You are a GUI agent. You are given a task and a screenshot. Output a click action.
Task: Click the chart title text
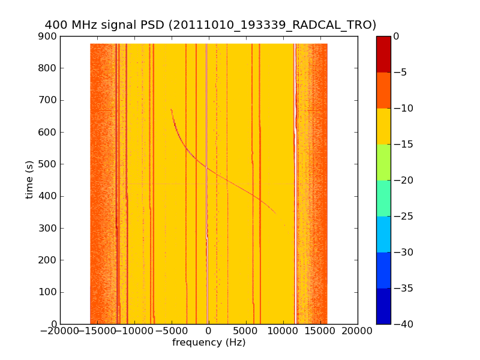coord(210,25)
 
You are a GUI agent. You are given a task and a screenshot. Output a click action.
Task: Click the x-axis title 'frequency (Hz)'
coord(209,343)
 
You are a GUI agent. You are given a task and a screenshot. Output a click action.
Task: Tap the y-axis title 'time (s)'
coord(29,179)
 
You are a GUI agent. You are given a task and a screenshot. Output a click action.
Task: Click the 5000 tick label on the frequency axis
coord(283,332)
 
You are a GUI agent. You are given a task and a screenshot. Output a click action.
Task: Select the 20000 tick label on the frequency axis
coord(358,332)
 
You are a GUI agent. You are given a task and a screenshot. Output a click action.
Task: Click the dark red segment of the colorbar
coord(383,54)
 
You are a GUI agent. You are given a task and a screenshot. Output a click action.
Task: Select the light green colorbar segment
coord(383,162)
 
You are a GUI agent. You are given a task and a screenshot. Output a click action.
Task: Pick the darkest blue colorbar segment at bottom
coord(383,306)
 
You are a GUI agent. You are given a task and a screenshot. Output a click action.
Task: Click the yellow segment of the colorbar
coord(383,126)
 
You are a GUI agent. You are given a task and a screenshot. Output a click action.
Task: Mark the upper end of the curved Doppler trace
coord(171,109)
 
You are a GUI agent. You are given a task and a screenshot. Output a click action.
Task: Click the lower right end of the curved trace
coord(275,213)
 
